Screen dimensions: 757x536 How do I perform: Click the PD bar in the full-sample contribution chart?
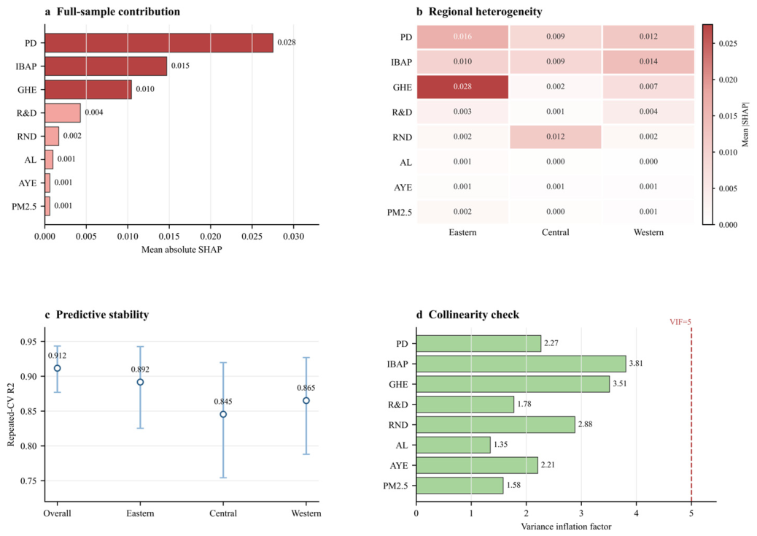(159, 43)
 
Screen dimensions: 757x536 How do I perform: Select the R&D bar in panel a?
(63, 112)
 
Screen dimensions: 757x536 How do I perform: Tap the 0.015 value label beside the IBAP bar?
(180, 66)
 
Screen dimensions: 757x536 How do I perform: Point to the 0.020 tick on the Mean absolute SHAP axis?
(211, 237)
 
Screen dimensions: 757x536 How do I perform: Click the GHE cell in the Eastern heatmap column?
(462, 86)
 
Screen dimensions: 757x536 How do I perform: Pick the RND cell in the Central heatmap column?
(555, 137)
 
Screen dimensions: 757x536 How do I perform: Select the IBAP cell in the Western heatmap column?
(648, 62)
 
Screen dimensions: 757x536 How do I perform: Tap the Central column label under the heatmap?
(555, 232)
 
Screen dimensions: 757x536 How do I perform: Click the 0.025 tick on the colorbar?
(728, 44)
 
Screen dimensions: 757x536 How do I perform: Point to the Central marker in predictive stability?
(223, 414)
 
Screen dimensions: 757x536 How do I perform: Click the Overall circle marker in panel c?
(58, 368)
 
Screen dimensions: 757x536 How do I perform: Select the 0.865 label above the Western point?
(306, 388)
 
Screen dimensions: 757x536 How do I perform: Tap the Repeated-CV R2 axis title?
(11, 415)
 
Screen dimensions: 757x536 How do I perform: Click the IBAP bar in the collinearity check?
(521, 364)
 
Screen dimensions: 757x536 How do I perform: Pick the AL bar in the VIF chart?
(454, 445)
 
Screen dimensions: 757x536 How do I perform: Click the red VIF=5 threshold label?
(680, 322)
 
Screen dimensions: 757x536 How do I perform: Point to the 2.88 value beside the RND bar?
(585, 424)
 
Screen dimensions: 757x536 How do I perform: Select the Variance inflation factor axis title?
(567, 527)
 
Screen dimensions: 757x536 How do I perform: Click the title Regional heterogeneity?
(485, 12)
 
